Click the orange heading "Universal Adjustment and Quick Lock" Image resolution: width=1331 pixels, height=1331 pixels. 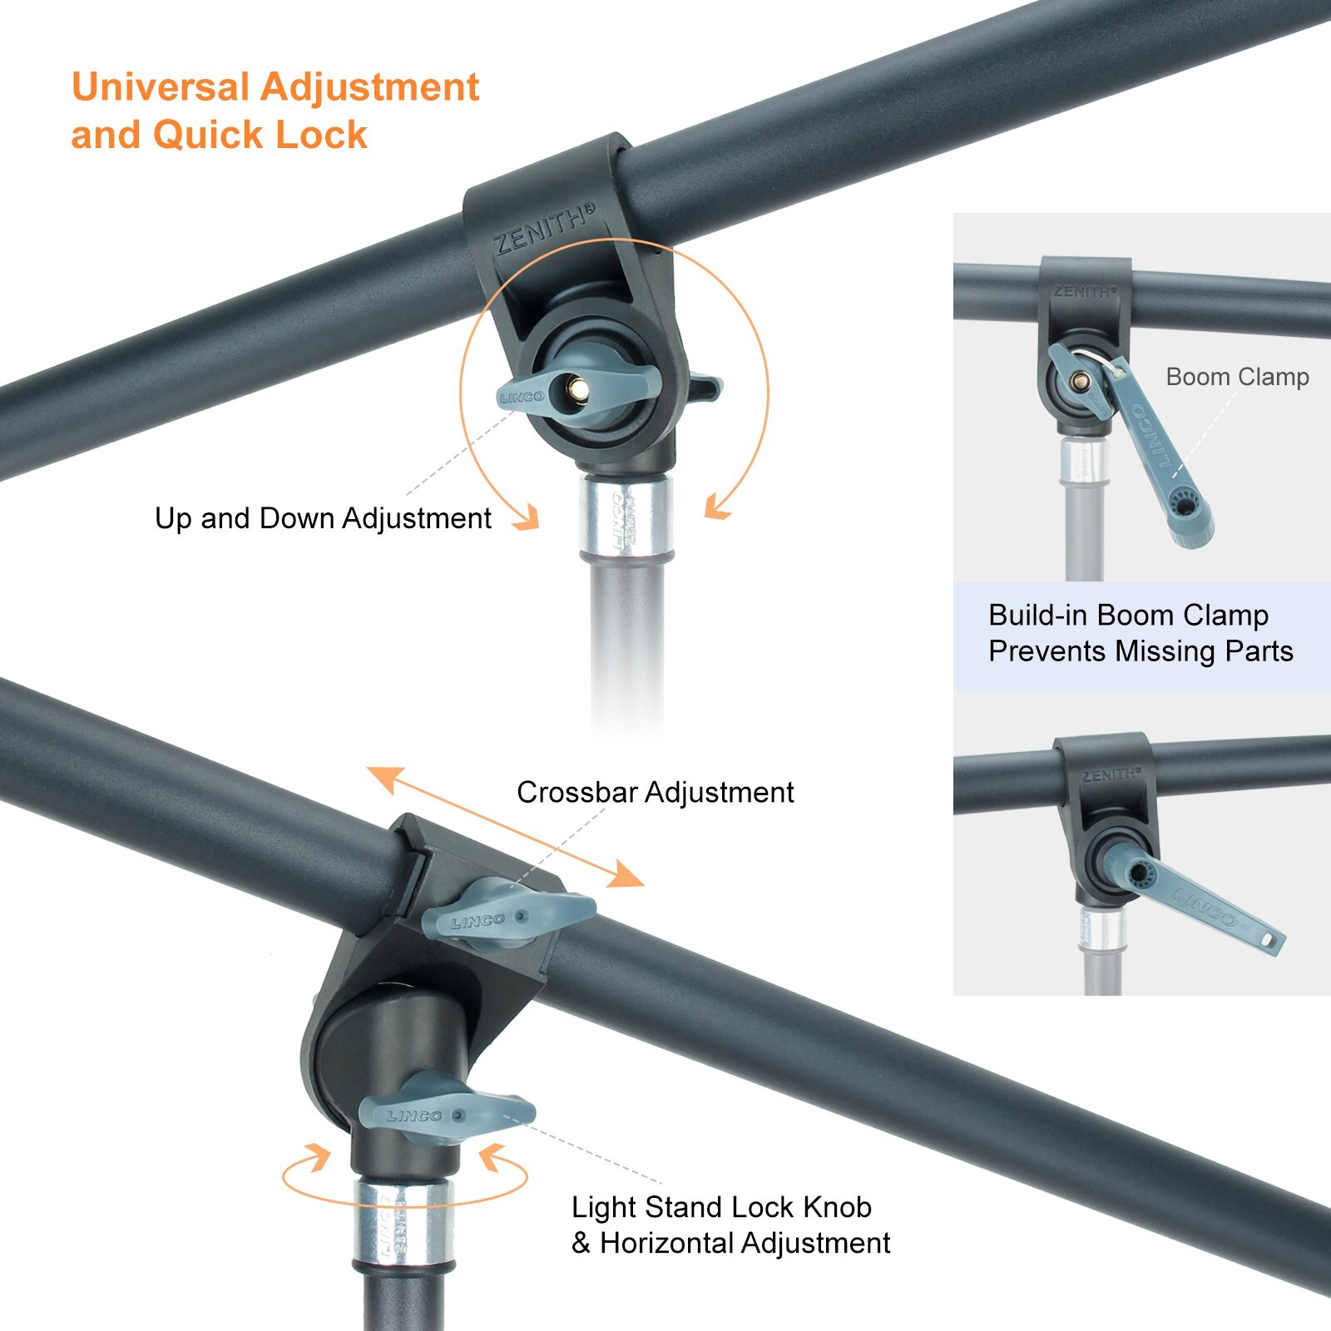coord(275,111)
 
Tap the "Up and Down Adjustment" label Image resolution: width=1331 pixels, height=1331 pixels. coord(323,518)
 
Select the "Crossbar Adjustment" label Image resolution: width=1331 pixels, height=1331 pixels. coord(656,792)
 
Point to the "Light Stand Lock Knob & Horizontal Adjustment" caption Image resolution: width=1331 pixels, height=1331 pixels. coord(730,1225)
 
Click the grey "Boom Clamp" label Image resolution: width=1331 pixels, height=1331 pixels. coord(1237,377)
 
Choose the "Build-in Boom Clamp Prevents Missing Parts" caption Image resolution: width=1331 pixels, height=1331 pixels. coord(1141,633)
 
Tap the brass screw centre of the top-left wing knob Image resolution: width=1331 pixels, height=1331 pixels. coord(576,388)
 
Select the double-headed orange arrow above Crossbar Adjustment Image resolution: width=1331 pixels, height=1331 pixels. coord(506,827)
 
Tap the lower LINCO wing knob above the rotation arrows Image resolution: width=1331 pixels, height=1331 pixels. coord(445,1111)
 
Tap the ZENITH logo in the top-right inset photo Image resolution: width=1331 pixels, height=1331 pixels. coord(1086,292)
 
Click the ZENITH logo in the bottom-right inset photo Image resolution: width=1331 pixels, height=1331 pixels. coord(1111,774)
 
